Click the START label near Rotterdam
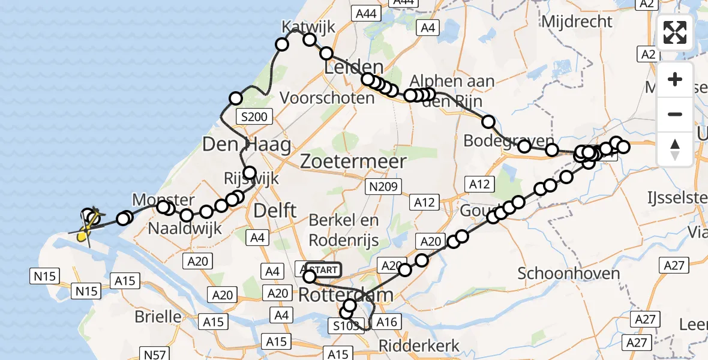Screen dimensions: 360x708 tap(323, 270)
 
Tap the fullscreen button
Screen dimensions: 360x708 tap(675, 32)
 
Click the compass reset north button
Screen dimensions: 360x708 tap(675, 148)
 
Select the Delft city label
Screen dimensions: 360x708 tap(275, 210)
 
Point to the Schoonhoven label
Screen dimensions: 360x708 tap(568, 273)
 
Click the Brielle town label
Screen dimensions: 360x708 tap(159, 316)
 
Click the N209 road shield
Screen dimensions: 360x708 tap(383, 187)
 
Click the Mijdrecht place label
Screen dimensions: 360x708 tap(577, 22)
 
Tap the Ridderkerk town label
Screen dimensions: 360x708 tap(419, 346)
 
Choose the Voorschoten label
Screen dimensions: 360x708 tap(327, 97)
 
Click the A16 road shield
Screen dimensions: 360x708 tap(386, 322)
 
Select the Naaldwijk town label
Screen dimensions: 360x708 tap(185, 228)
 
